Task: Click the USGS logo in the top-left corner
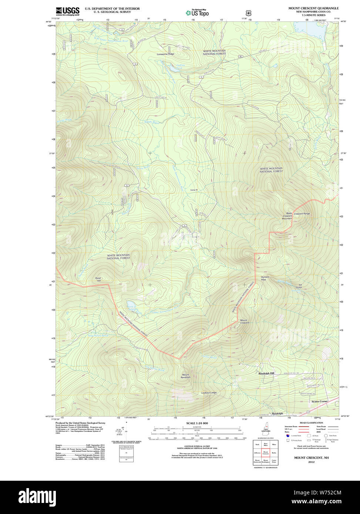67,11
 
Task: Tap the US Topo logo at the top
197,13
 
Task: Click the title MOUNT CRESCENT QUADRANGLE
313,8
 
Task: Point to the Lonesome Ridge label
165,54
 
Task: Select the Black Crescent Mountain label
287,216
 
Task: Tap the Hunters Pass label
265,278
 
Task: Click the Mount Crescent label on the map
244,321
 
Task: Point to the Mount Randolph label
185,376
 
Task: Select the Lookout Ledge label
209,393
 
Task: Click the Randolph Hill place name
266,373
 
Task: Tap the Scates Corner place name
320,401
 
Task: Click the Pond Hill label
98,279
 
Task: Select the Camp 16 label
194,190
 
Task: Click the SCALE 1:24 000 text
197,423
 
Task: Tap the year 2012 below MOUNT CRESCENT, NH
311,462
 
